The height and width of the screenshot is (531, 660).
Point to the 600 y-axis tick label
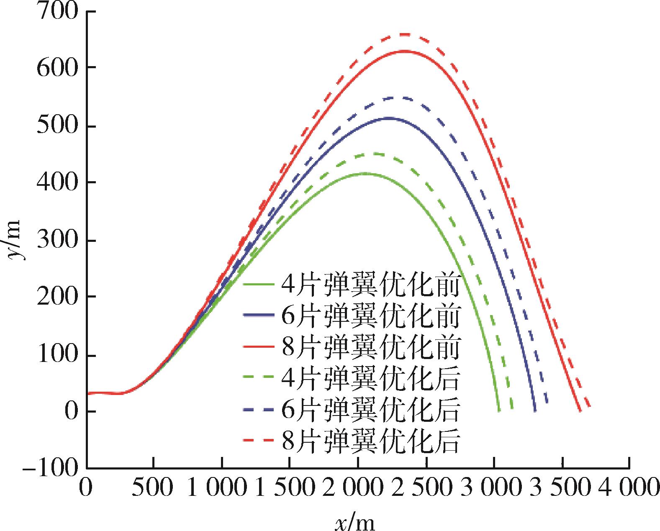pyautogui.click(x=58, y=68)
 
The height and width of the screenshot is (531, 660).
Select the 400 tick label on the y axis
pyautogui.click(x=58, y=183)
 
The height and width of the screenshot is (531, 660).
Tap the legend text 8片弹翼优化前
pyautogui.click(x=371, y=347)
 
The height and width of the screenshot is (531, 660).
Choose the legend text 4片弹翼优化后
pyautogui.click(x=371, y=378)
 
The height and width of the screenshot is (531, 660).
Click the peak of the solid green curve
pyautogui.click(x=365, y=173)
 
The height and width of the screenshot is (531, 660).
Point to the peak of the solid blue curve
pyautogui.click(x=389, y=118)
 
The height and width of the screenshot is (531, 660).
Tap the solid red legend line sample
pyautogui.click(x=259, y=348)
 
